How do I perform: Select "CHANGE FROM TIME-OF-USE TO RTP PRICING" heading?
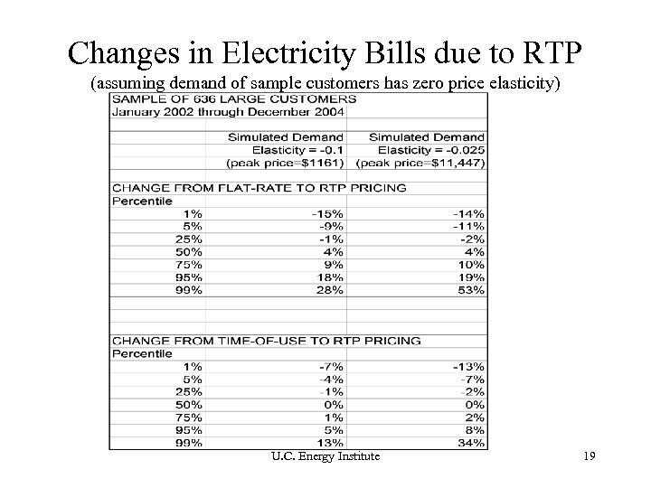(x=265, y=341)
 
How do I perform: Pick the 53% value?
(x=472, y=291)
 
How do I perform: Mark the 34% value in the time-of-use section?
(x=472, y=443)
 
